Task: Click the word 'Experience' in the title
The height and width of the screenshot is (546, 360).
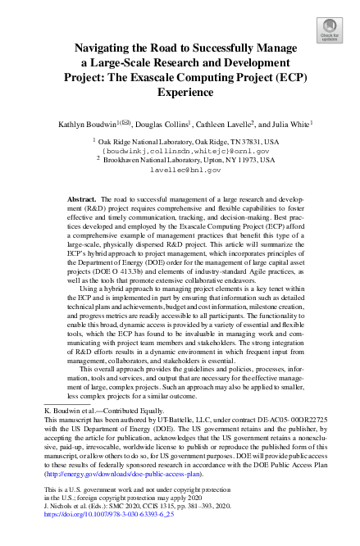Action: pos(180,93)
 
